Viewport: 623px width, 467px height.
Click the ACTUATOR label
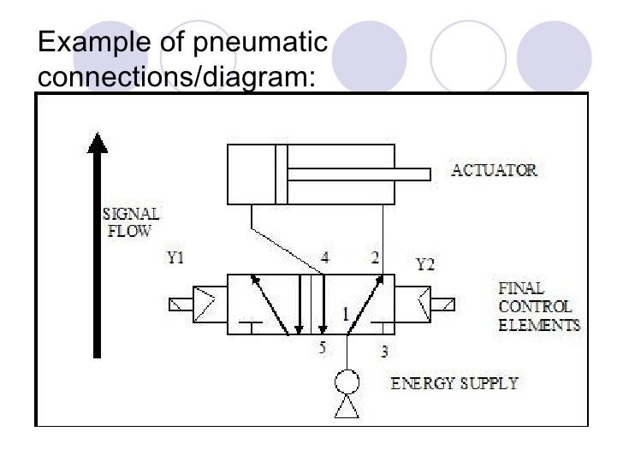[494, 170]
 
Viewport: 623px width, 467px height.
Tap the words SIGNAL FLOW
[130, 222]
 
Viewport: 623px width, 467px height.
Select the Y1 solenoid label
[175, 257]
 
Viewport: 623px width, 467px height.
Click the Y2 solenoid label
[425, 264]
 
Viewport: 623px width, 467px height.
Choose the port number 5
[323, 348]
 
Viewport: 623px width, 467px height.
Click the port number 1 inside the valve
[347, 315]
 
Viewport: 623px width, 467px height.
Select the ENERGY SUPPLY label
[454, 382]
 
